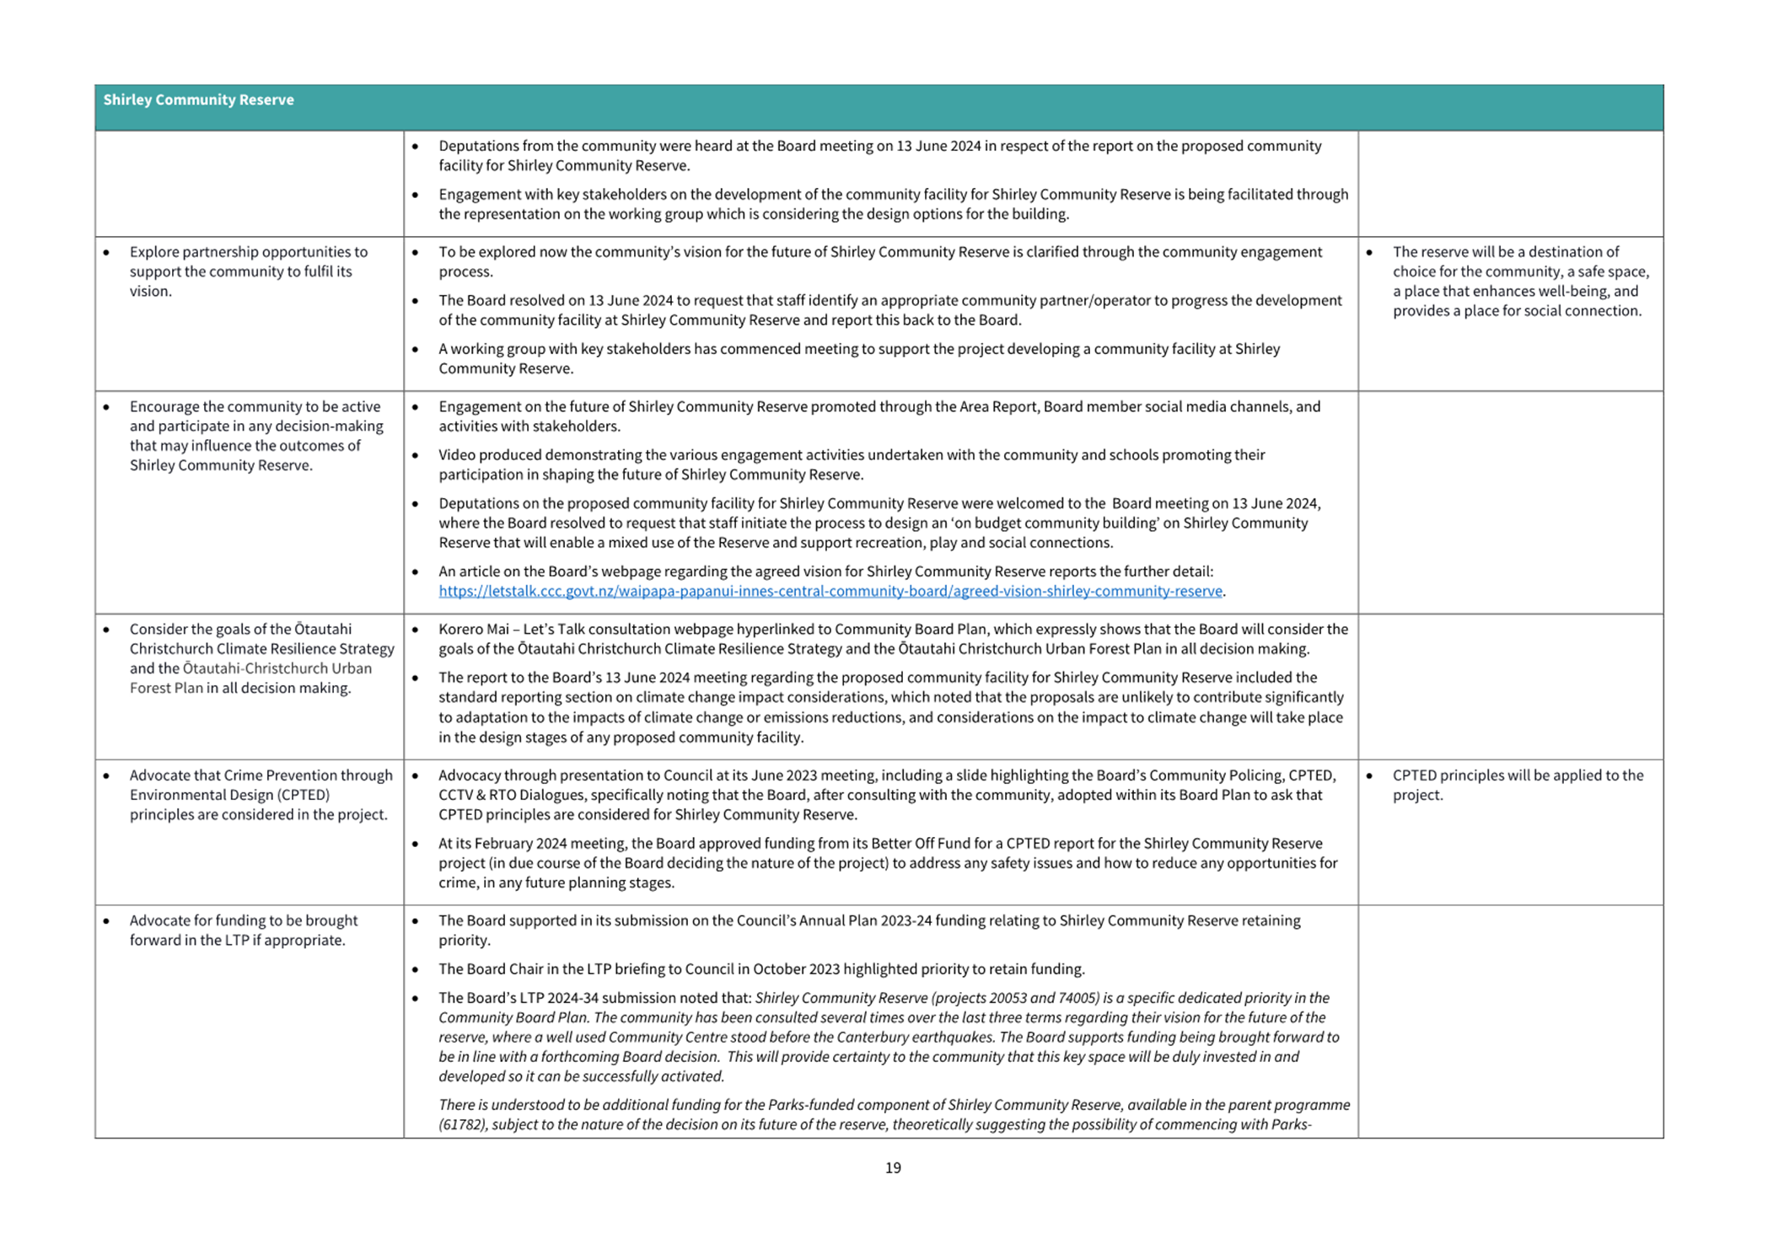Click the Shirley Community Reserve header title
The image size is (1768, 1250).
(198, 99)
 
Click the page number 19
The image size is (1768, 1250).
(893, 1167)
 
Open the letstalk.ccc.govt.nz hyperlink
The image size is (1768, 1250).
(830, 591)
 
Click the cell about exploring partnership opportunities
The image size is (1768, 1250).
(249, 271)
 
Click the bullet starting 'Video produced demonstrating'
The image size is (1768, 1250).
(852, 464)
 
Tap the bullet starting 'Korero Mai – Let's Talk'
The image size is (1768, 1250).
(893, 639)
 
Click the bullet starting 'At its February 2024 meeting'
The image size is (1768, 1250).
(887, 863)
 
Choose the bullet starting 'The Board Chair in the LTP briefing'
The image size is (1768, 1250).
(761, 969)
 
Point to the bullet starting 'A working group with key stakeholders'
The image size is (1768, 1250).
(858, 358)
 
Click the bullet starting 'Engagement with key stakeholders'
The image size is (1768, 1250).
(893, 204)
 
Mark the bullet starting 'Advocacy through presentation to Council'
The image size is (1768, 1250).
(887, 795)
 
